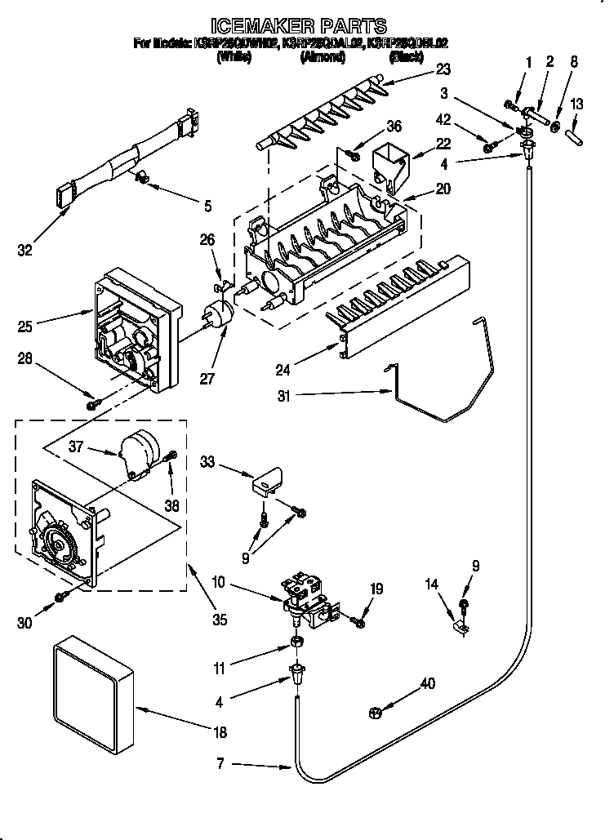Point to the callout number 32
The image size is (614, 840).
tap(27, 251)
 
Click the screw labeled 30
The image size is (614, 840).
tap(60, 598)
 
